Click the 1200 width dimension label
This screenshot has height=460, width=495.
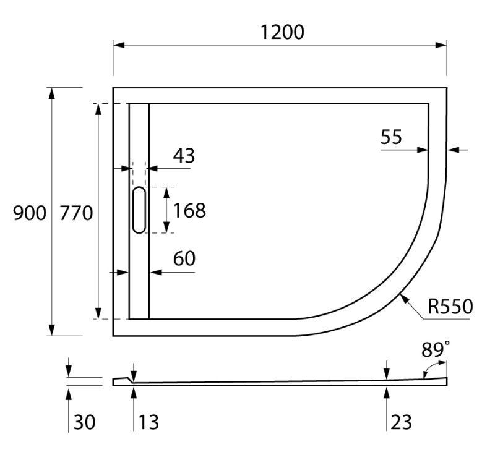(x=281, y=32)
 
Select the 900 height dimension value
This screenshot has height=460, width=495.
(x=29, y=213)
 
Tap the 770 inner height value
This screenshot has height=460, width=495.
(x=76, y=213)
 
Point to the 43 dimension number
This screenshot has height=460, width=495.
(x=183, y=156)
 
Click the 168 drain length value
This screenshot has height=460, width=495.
(x=189, y=210)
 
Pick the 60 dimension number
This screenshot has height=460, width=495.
(x=184, y=259)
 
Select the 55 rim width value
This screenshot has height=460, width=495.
(x=391, y=137)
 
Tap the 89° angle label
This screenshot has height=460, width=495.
(x=436, y=350)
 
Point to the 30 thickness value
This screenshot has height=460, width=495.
(x=85, y=422)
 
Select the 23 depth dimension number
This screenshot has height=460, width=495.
(x=401, y=422)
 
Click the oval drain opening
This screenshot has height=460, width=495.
(x=139, y=210)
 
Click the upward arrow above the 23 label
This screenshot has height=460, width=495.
(x=387, y=391)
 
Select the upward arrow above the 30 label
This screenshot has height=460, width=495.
(x=69, y=392)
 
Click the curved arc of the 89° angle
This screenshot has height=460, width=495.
(x=426, y=370)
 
